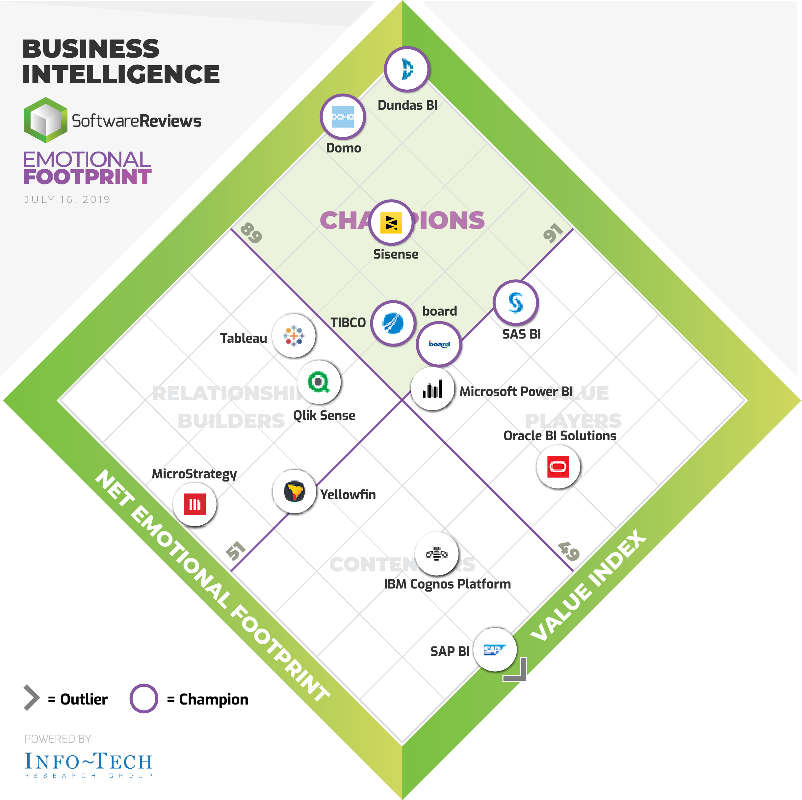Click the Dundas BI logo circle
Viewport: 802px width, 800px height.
pyautogui.click(x=406, y=69)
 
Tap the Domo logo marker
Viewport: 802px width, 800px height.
pyautogui.click(x=343, y=117)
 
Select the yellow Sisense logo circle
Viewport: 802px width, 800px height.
pyautogui.click(x=391, y=223)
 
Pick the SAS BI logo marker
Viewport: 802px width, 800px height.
pyautogui.click(x=516, y=302)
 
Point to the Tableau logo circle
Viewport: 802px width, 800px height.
pyautogui.click(x=294, y=336)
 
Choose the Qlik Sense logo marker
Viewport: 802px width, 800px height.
pyautogui.click(x=319, y=382)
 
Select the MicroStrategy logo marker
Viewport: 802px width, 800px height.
pyautogui.click(x=195, y=504)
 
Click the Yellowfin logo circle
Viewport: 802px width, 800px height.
pyautogui.click(x=294, y=491)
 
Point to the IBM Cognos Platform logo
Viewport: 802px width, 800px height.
pyautogui.click(x=436, y=553)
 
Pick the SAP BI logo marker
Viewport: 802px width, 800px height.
pyautogui.click(x=495, y=649)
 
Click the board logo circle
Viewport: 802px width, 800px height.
pyautogui.click(x=439, y=344)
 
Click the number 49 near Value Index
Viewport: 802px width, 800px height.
pyautogui.click(x=568, y=552)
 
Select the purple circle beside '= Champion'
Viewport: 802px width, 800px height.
pyautogui.click(x=143, y=699)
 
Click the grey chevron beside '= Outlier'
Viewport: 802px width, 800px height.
pyautogui.click(x=32, y=698)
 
